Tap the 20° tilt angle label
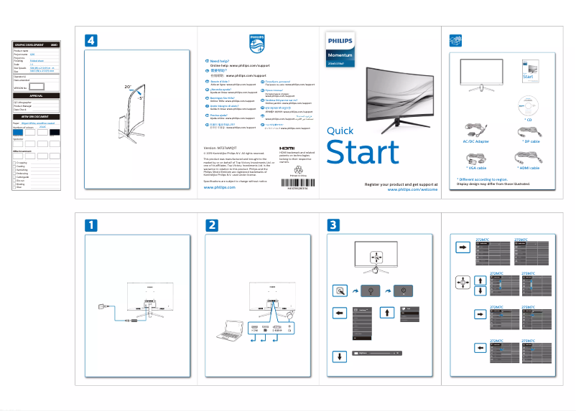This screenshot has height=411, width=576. point(128,87)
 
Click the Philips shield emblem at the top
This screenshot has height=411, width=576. point(256,43)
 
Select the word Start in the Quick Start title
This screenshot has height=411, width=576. point(362,153)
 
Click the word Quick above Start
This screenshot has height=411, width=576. point(340,131)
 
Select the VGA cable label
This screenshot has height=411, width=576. point(476,167)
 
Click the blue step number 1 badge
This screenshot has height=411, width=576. point(90,225)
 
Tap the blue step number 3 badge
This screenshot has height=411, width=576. point(333,225)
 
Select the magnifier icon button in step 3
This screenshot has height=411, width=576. point(340,290)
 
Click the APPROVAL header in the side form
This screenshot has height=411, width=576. point(36,95)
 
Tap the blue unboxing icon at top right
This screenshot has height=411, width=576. point(453,39)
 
